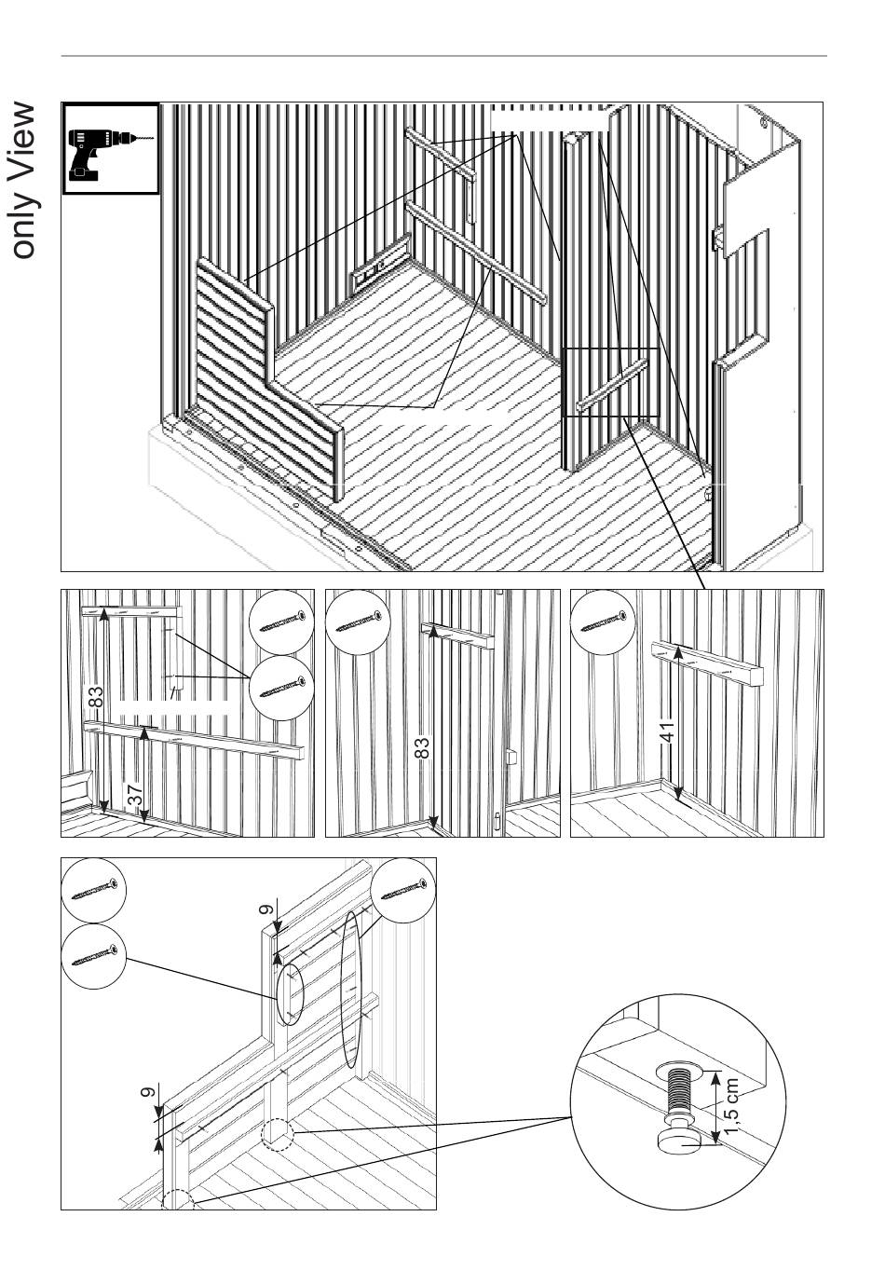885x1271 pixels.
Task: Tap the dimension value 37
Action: point(135,794)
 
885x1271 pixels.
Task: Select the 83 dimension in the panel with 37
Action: point(96,697)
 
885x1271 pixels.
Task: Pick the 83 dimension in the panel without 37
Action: point(421,748)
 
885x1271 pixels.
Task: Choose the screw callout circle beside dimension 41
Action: point(603,622)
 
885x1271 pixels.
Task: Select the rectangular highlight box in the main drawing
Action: point(611,382)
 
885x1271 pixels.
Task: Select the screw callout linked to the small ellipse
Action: point(93,956)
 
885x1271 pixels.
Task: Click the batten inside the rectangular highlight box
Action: point(611,384)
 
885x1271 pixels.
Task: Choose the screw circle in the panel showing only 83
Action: point(358,622)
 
